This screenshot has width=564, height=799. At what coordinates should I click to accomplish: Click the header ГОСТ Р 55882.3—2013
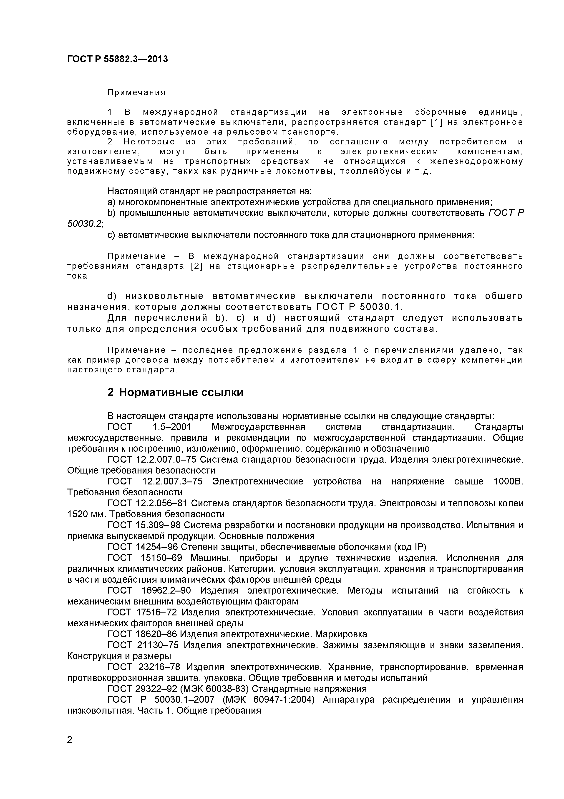click(117, 59)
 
